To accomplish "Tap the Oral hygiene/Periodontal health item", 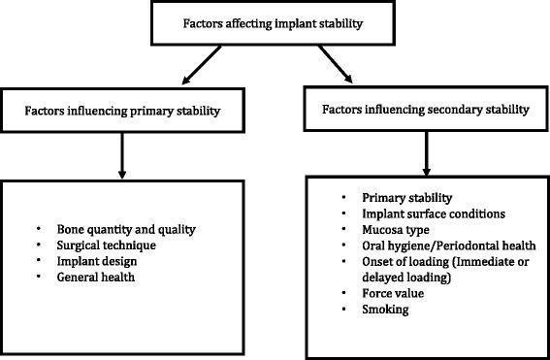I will click(x=432, y=245).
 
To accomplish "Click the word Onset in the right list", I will click(x=374, y=262).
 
